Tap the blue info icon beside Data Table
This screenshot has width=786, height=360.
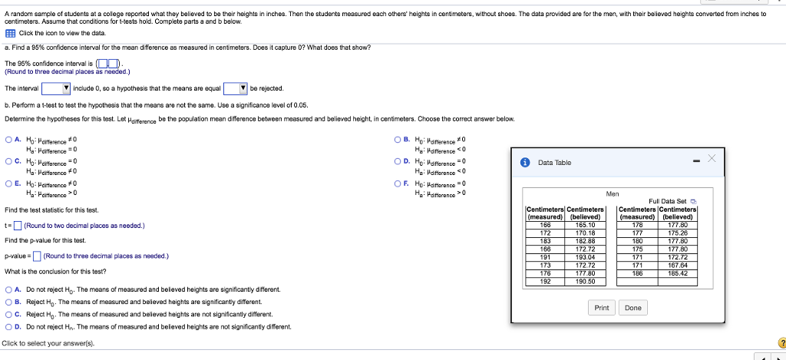click(x=524, y=163)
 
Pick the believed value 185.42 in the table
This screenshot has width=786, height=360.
click(x=677, y=272)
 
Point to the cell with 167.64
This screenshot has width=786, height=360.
click(x=677, y=265)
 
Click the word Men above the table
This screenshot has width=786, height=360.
click(x=613, y=193)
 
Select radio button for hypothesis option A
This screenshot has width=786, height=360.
click(x=8, y=140)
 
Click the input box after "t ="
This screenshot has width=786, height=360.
click(x=18, y=226)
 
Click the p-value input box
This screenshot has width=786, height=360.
click(x=37, y=256)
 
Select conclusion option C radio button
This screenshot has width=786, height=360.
click(x=8, y=315)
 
